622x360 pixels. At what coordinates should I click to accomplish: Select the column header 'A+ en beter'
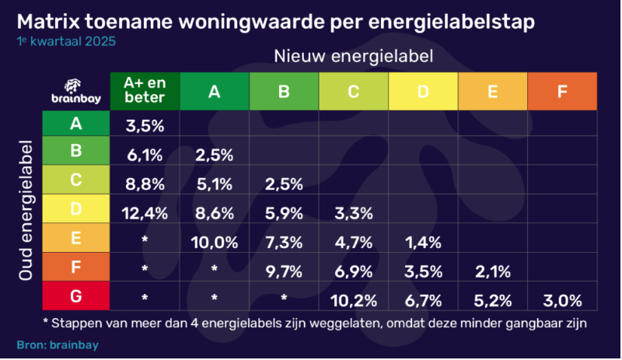(145, 92)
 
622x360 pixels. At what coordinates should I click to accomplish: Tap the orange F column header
(562, 92)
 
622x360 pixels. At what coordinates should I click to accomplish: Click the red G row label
(76, 296)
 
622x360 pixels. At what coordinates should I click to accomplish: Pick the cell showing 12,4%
(145, 212)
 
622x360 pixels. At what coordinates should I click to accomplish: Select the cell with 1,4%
(423, 242)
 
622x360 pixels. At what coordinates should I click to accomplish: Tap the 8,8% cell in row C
(145, 183)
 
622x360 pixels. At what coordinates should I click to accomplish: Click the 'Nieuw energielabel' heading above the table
(353, 56)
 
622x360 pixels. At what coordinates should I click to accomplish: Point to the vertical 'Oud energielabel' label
(26, 211)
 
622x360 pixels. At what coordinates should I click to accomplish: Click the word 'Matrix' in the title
(48, 23)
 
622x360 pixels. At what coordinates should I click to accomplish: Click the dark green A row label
(76, 122)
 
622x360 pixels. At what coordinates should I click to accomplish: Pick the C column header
(354, 92)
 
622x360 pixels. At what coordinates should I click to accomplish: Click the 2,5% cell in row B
(215, 154)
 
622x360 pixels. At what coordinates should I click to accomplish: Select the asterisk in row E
(145, 240)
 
